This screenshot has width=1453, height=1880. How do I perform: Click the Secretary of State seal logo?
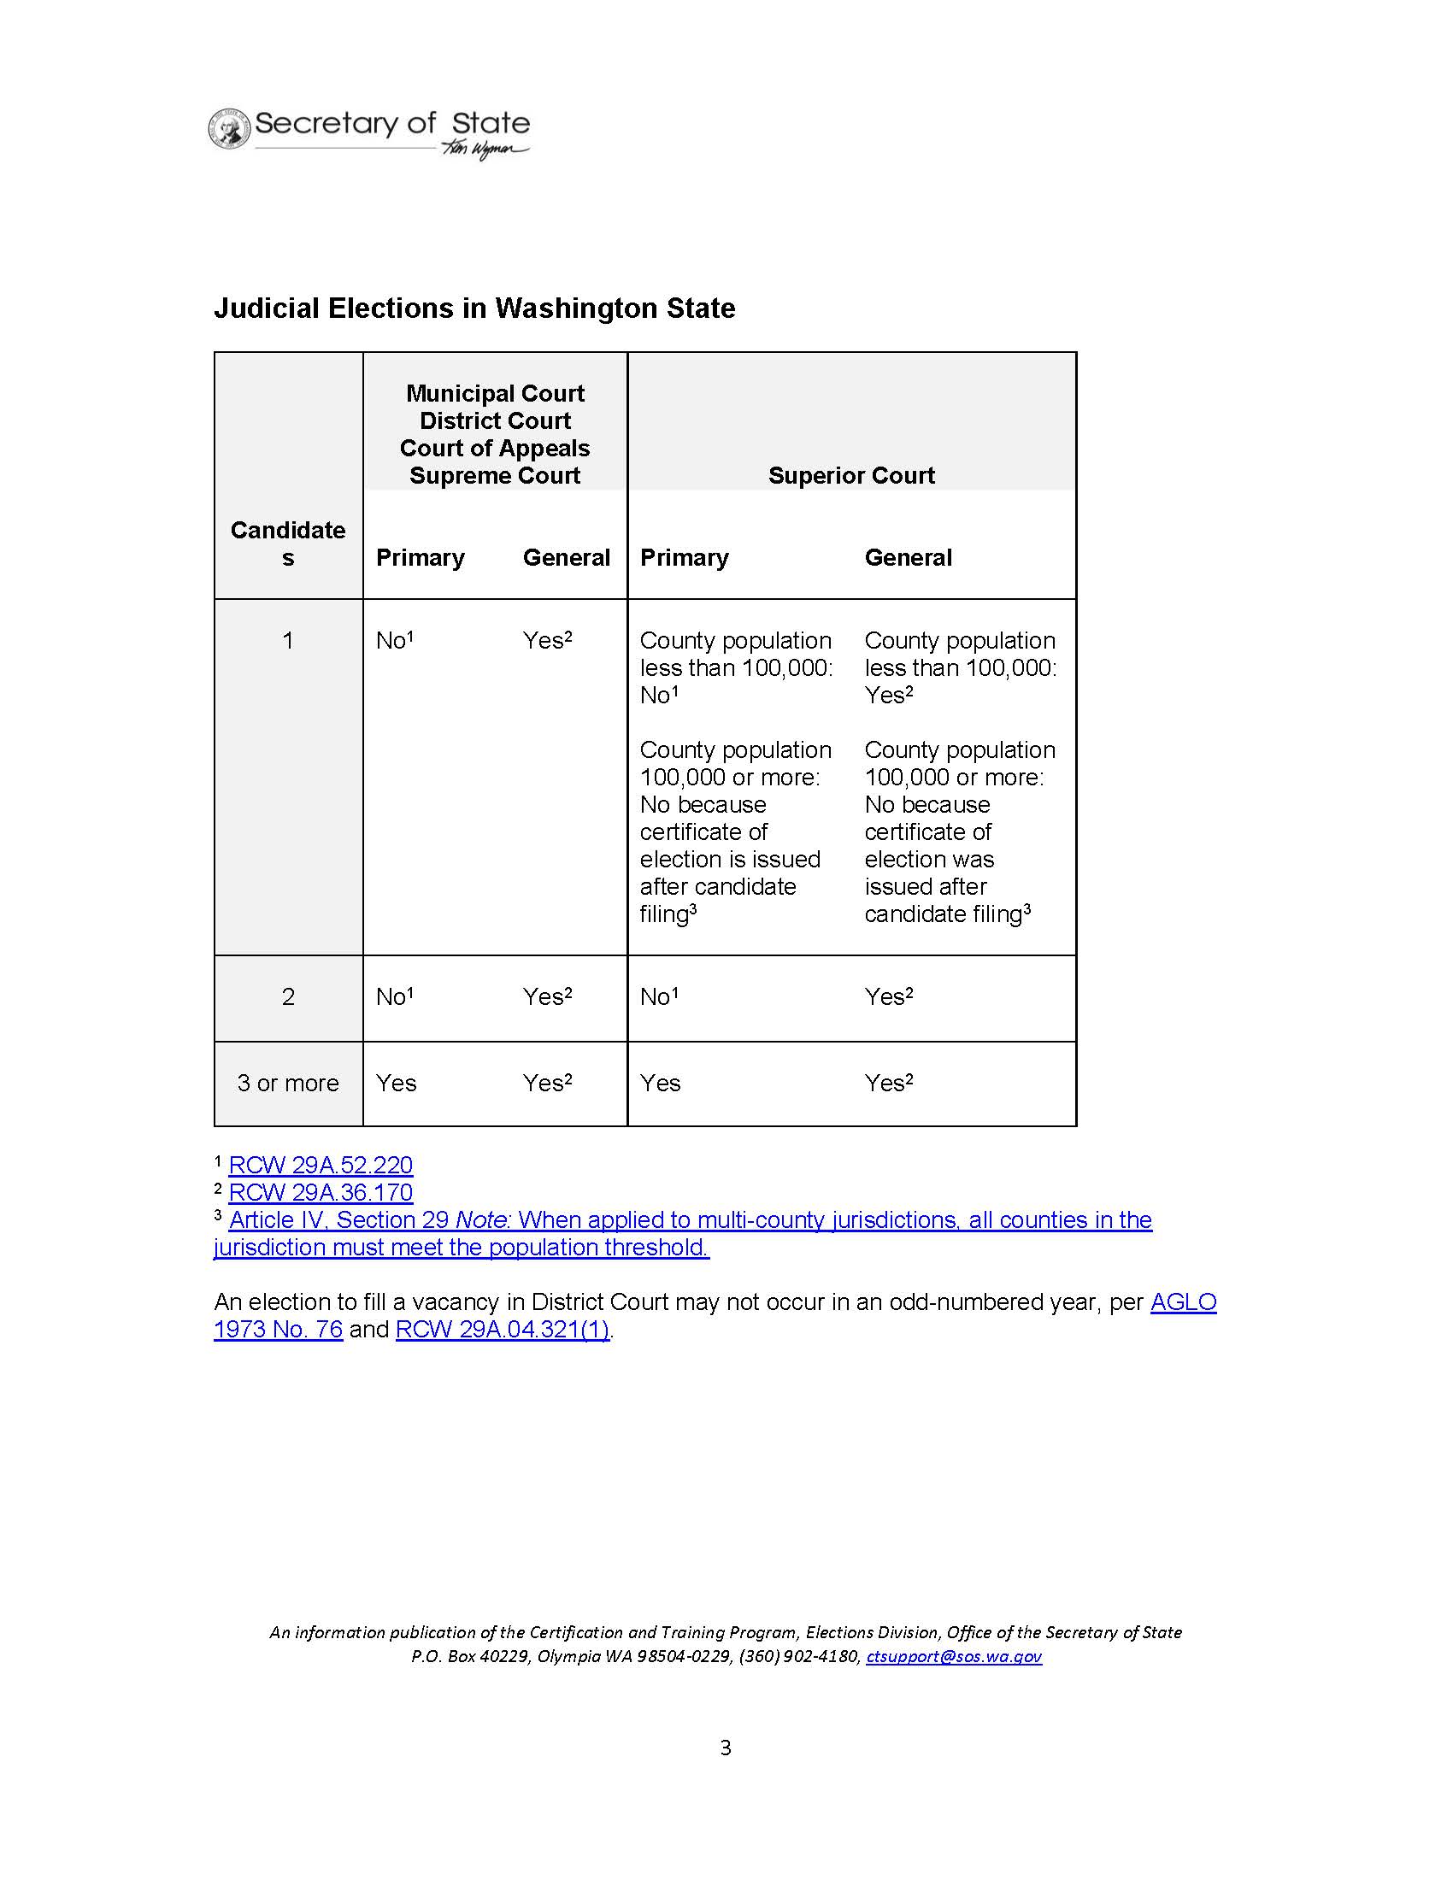pos(229,129)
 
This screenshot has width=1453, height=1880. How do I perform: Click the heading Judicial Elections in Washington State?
pos(474,308)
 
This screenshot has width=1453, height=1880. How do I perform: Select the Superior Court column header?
pos(850,475)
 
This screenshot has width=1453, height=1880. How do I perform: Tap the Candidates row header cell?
pos(287,543)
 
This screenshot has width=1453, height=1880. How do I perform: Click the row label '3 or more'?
pos(287,1083)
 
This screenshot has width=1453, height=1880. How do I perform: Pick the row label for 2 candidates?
pos(287,996)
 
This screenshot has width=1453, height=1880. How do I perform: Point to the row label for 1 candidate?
pos(287,640)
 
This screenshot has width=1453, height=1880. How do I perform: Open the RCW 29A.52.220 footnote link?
pos(321,1166)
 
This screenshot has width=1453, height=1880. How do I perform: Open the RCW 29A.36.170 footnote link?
pos(321,1193)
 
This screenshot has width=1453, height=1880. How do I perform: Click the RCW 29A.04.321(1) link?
pos(503,1329)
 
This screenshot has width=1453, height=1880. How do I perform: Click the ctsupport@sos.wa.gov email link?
pos(954,1656)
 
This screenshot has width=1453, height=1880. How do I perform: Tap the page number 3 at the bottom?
pos(726,1748)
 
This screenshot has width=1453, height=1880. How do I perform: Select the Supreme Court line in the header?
pos(495,475)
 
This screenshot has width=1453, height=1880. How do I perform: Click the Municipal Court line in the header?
pos(495,393)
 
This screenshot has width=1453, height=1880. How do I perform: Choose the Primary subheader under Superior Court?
pos(685,558)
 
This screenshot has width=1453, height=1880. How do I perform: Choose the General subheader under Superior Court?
pos(908,558)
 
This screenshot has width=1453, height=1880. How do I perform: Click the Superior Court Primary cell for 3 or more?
pos(660,1083)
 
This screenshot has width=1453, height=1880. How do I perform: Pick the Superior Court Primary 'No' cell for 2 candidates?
pos(658,996)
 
